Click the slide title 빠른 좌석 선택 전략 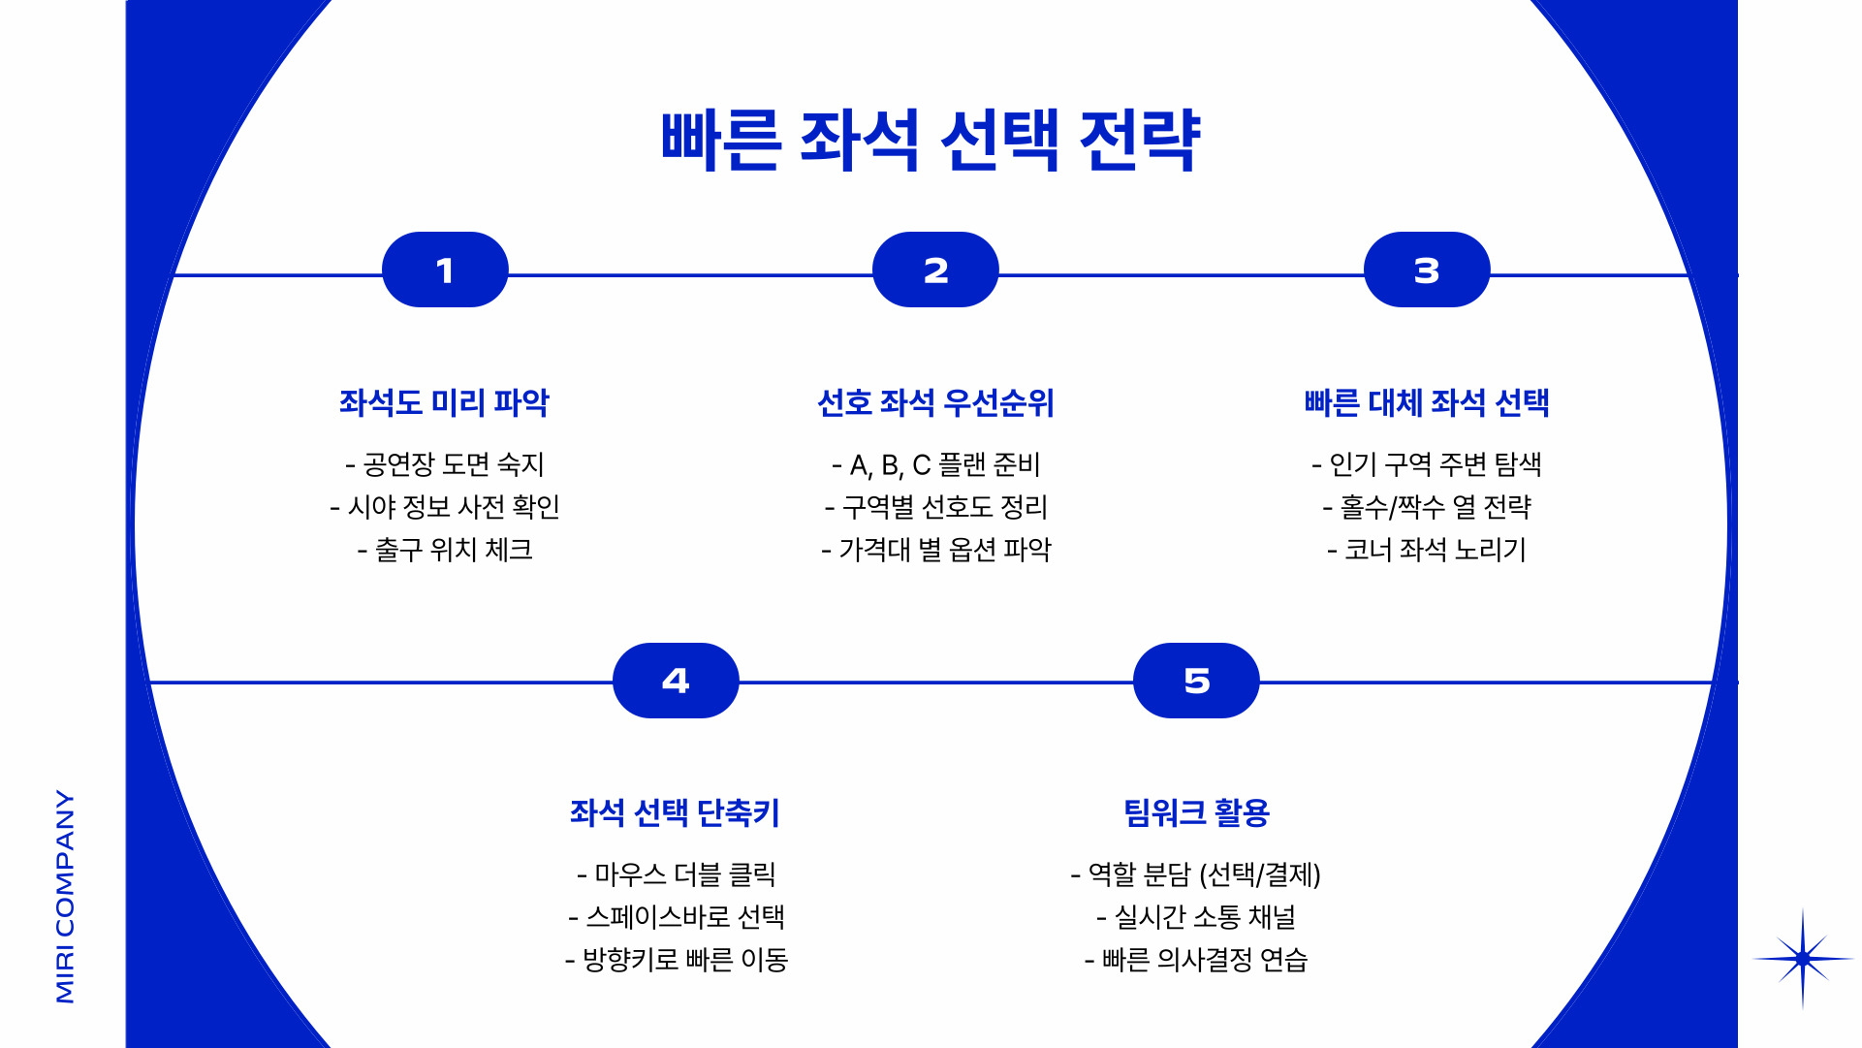931,142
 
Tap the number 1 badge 445,270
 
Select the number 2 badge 935,270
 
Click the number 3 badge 1426,270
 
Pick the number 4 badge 676,681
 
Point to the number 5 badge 1196,681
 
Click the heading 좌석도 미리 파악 444,402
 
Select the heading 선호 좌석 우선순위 935,402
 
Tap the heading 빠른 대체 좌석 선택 1426,402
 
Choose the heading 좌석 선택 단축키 675,812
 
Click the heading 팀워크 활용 1196,812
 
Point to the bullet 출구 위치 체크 445,551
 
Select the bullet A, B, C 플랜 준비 935,465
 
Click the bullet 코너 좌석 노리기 1426,551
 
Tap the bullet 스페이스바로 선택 677,917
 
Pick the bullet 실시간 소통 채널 1196,917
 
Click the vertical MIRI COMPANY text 65,896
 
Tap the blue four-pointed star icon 1802,959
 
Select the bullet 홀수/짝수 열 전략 1426,507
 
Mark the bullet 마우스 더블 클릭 677,874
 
